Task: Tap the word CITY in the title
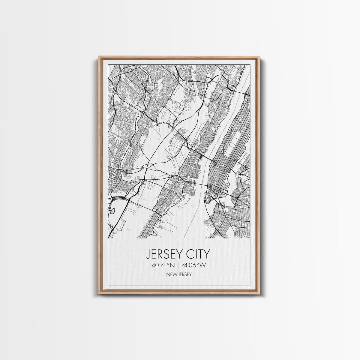click(x=196, y=254)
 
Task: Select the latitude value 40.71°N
click(x=164, y=265)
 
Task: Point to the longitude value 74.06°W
click(x=196, y=265)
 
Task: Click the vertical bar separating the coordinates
click(x=179, y=265)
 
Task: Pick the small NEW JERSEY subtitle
click(x=180, y=274)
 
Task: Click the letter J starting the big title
click(x=148, y=254)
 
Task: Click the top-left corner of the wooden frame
click(x=99, y=57)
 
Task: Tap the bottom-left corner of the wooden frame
click(x=99, y=293)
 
